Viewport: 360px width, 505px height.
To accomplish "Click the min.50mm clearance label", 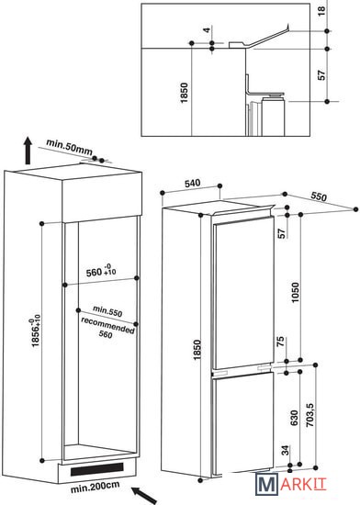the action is click(x=69, y=147).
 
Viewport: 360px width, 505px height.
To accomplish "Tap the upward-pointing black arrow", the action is click(x=28, y=151).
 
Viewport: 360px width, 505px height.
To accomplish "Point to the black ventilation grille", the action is click(x=97, y=469).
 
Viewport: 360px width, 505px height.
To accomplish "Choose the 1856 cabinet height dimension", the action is click(x=36, y=332).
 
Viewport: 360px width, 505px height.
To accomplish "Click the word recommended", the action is click(x=107, y=326).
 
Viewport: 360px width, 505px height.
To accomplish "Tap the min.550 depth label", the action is click(x=107, y=311).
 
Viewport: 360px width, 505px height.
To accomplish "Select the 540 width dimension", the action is click(x=192, y=184).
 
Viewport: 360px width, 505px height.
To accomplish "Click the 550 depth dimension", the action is click(x=319, y=196).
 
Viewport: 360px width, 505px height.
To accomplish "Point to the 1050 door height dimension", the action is click(x=295, y=292).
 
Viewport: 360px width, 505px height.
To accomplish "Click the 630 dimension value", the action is click(x=294, y=418).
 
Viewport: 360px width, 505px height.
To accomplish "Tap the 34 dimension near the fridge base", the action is click(x=286, y=451).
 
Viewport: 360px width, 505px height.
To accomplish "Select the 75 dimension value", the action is click(x=280, y=342).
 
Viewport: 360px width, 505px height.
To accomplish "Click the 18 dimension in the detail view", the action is click(x=321, y=11).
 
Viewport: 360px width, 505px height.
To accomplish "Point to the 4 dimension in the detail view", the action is click(x=207, y=30).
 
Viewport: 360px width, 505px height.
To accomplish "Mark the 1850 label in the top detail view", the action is click(x=185, y=93).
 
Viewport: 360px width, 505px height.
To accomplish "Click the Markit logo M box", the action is click(x=266, y=483).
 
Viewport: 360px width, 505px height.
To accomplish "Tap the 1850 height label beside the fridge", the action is click(x=197, y=350).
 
